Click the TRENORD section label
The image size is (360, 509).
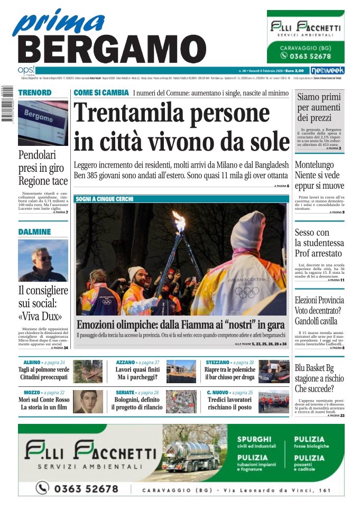[x=35, y=92]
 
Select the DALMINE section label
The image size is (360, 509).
[x=35, y=232]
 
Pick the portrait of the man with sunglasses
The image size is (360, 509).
[x=43, y=261]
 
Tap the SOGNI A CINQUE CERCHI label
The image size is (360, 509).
[x=104, y=199]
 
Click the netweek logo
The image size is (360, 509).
[x=327, y=70]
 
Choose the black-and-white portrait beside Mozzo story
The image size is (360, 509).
[x=88, y=402]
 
